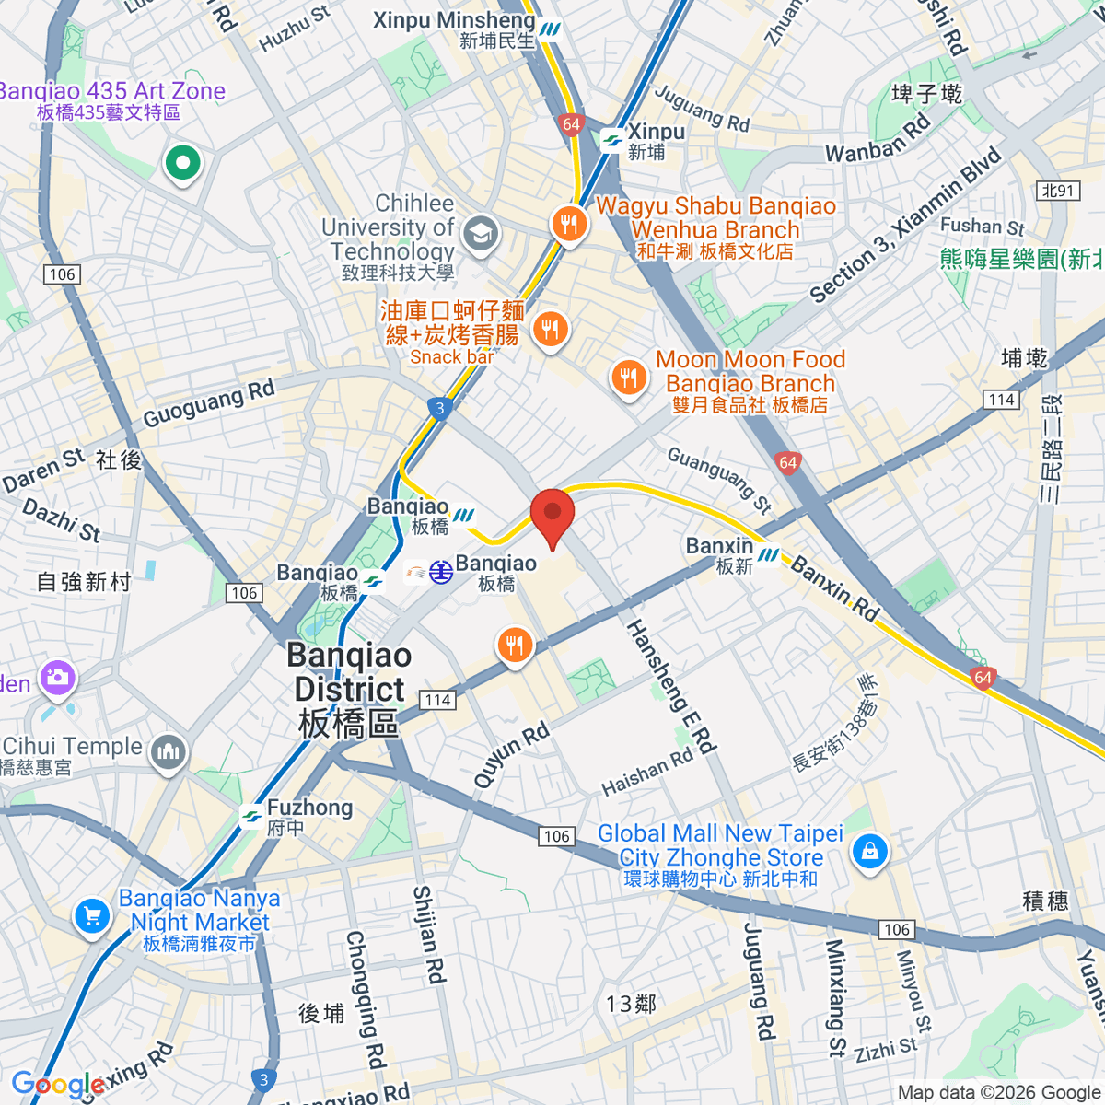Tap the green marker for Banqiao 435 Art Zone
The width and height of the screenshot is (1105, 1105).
(x=182, y=164)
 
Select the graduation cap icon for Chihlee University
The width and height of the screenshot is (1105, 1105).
(x=480, y=234)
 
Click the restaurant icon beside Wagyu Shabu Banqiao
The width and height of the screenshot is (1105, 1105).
(x=569, y=224)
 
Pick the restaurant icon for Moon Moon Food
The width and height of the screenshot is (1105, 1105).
(x=629, y=378)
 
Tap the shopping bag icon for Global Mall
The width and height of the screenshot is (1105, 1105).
(x=869, y=851)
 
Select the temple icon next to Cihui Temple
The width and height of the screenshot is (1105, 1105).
(x=168, y=752)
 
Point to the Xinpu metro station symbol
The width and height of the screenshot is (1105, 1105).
(x=611, y=141)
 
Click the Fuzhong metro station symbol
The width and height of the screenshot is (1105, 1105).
(x=251, y=817)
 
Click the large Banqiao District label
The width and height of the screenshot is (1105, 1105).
(x=349, y=690)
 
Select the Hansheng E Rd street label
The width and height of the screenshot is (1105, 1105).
(x=670, y=686)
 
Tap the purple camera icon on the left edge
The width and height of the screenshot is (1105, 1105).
(x=57, y=679)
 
